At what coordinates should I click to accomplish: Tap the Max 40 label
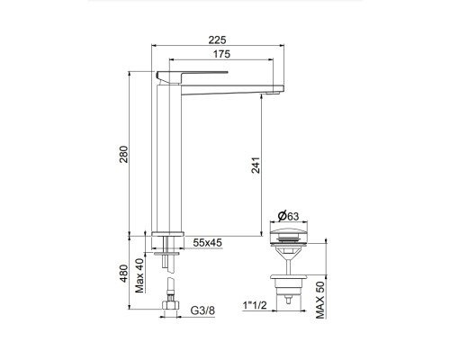coord(140,275)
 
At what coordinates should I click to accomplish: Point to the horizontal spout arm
coord(225,85)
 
